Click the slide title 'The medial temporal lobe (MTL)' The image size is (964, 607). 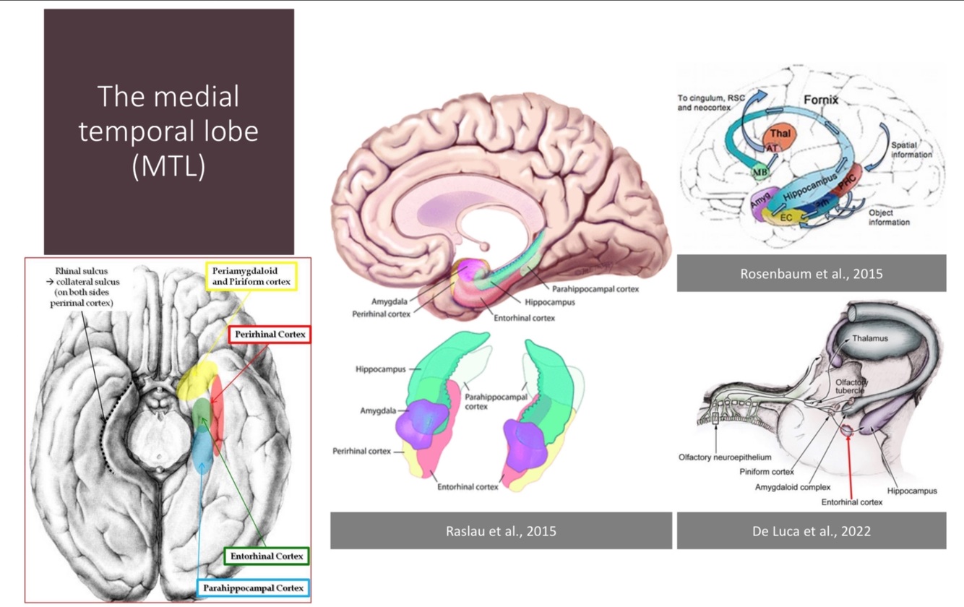coord(168,132)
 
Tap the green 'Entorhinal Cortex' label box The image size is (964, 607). coord(267,556)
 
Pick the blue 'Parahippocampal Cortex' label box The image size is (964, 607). coord(253,588)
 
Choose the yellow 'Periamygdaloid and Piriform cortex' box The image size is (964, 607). coord(251,275)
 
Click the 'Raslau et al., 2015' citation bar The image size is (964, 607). coord(501,531)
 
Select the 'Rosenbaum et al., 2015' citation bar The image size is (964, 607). coord(811,274)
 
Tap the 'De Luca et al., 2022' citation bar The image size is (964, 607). coord(811,531)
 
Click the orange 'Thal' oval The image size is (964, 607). coord(780,134)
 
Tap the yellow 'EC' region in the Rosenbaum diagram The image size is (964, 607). coord(786,218)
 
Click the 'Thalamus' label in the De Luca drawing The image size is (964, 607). coord(869,338)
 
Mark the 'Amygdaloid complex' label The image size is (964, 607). coord(793,487)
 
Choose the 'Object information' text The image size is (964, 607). coord(889,218)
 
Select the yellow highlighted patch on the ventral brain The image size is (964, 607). coord(197,379)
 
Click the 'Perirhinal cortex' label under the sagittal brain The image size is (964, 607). coord(382,314)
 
